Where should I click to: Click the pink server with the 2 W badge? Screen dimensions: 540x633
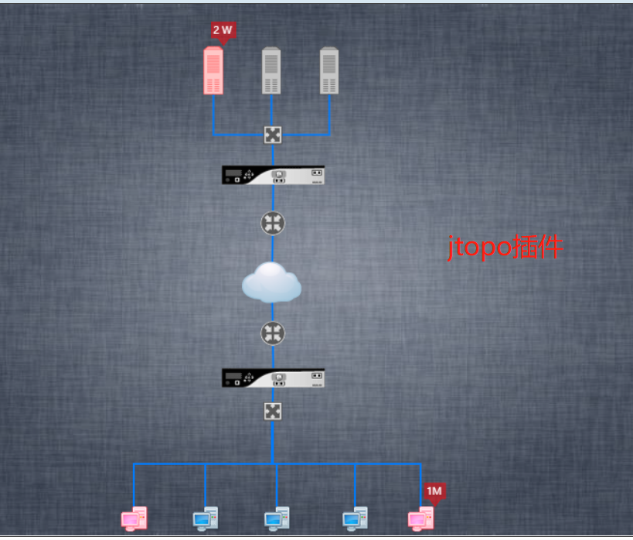pyautogui.click(x=213, y=71)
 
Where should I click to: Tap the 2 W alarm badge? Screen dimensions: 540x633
pyautogui.click(x=223, y=30)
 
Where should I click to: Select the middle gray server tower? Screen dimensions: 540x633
pyautogui.click(x=271, y=71)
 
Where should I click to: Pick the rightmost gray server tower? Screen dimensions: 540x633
pyautogui.click(x=330, y=71)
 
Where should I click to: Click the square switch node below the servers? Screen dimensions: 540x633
pyautogui.click(x=272, y=135)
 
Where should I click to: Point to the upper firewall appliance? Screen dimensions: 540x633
pyautogui.click(x=273, y=176)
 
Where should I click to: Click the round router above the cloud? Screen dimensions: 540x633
pyautogui.click(x=273, y=223)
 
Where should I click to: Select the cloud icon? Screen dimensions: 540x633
pyautogui.click(x=271, y=282)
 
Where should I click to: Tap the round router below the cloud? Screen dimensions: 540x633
pyautogui.click(x=273, y=333)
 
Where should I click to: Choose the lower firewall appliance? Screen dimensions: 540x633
pyautogui.click(x=273, y=378)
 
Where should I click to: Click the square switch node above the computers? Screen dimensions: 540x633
pyautogui.click(x=272, y=411)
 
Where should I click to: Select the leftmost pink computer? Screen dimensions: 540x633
pyautogui.click(x=134, y=519)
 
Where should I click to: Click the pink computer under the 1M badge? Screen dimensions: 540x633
pyautogui.click(x=420, y=519)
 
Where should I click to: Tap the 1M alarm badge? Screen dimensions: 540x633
pyautogui.click(x=434, y=491)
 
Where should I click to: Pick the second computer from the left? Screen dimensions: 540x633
pyautogui.click(x=205, y=519)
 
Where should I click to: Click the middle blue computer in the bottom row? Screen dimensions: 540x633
pyautogui.click(x=277, y=519)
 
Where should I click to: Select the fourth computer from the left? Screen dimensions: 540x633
pyautogui.click(x=355, y=519)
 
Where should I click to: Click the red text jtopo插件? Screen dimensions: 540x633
pyautogui.click(x=506, y=249)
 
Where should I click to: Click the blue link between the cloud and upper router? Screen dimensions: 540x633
pyautogui.click(x=273, y=248)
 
